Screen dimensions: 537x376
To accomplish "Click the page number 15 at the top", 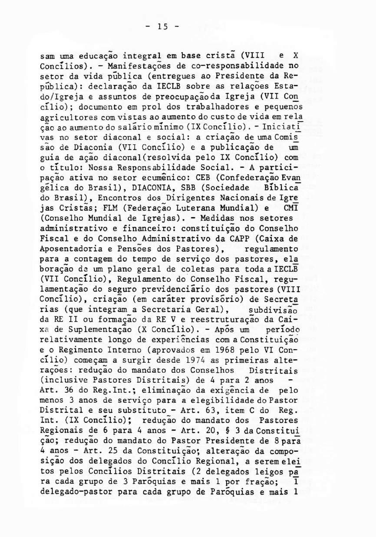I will tap(163, 27).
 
